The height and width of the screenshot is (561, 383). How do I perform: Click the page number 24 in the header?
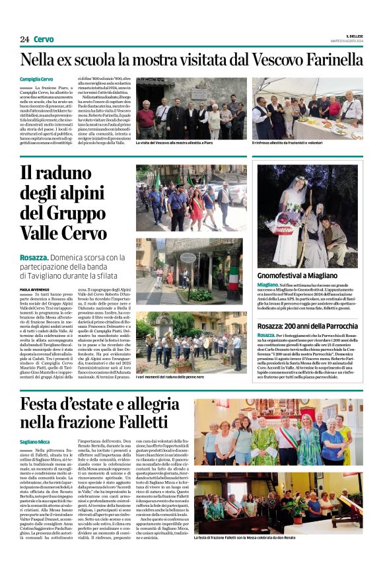[24, 39]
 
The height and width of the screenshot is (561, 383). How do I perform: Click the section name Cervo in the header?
[44, 39]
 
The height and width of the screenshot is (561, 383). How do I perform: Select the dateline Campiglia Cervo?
[37, 79]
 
